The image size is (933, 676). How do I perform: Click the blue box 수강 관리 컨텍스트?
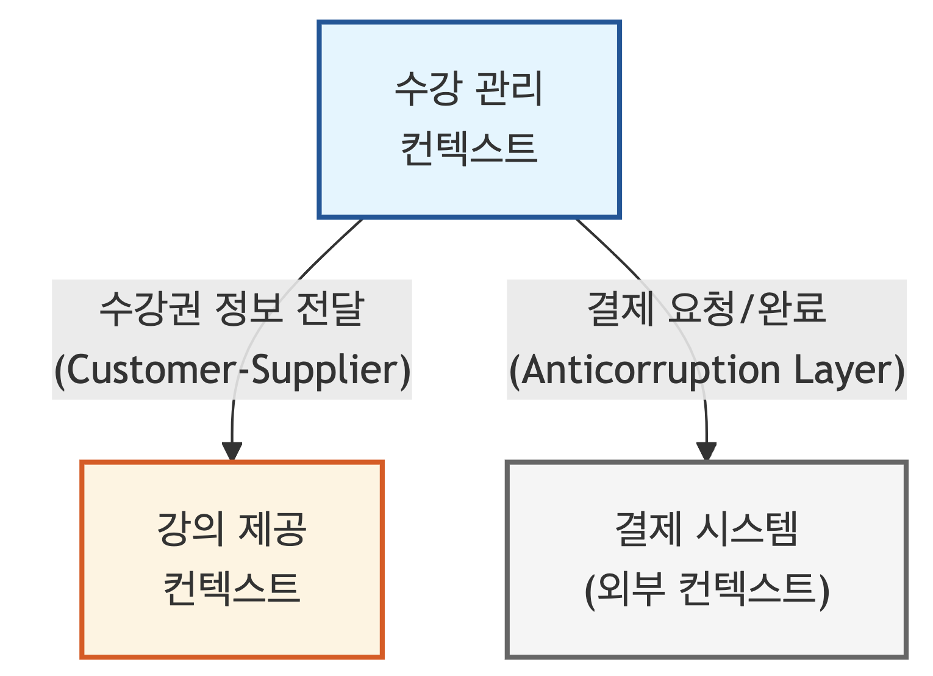tap(469, 183)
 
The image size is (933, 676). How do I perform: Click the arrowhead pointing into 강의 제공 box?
tap(232, 452)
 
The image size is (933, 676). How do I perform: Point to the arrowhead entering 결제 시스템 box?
tap(706, 452)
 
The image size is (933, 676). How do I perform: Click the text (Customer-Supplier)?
tap(232, 370)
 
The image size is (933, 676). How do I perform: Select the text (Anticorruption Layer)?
tap(706, 370)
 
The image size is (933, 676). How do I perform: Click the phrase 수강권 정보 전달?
tap(232, 309)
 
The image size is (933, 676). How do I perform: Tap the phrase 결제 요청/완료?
tap(706, 309)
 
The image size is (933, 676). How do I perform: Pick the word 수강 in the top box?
tap(426, 88)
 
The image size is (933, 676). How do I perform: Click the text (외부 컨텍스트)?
tap(706, 590)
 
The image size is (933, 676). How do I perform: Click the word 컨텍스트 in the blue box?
tap(469, 148)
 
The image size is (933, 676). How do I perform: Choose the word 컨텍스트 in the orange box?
tap(232, 589)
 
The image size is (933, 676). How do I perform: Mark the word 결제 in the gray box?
tap(648, 529)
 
